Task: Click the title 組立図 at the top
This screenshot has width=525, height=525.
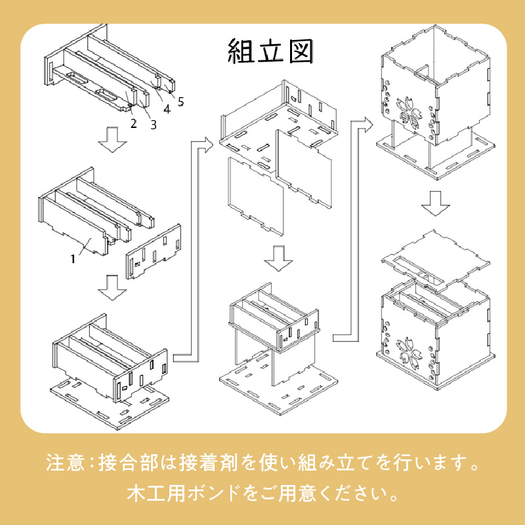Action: click(269, 50)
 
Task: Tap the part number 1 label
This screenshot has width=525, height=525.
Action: click(74, 259)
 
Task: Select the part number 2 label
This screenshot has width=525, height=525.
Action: click(133, 123)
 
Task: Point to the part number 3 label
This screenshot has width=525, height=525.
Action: click(153, 123)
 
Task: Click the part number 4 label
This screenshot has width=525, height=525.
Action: click(167, 110)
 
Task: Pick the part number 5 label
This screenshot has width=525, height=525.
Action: click(180, 101)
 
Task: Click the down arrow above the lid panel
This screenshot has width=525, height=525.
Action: click(436, 203)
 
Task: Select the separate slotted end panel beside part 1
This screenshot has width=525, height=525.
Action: click(154, 251)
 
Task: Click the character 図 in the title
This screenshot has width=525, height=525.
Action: click(299, 50)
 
